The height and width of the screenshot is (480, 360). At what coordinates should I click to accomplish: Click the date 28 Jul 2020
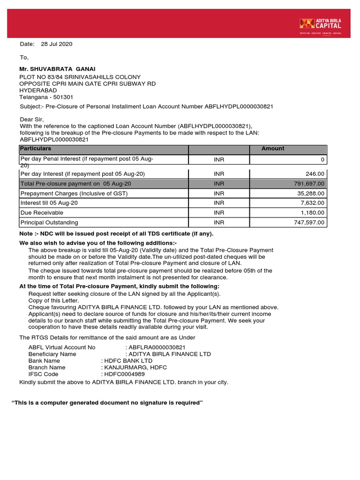57,44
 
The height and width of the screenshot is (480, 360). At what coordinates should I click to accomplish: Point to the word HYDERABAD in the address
38,90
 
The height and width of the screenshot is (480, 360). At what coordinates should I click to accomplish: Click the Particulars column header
36,149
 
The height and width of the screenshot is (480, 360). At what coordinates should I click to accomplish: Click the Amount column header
273,149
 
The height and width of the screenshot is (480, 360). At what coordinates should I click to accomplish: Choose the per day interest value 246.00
315,174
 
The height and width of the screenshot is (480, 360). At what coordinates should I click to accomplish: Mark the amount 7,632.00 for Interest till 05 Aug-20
310,203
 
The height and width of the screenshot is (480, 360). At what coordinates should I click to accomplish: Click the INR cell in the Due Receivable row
219,213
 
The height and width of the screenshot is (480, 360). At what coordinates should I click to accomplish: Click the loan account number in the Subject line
239,107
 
